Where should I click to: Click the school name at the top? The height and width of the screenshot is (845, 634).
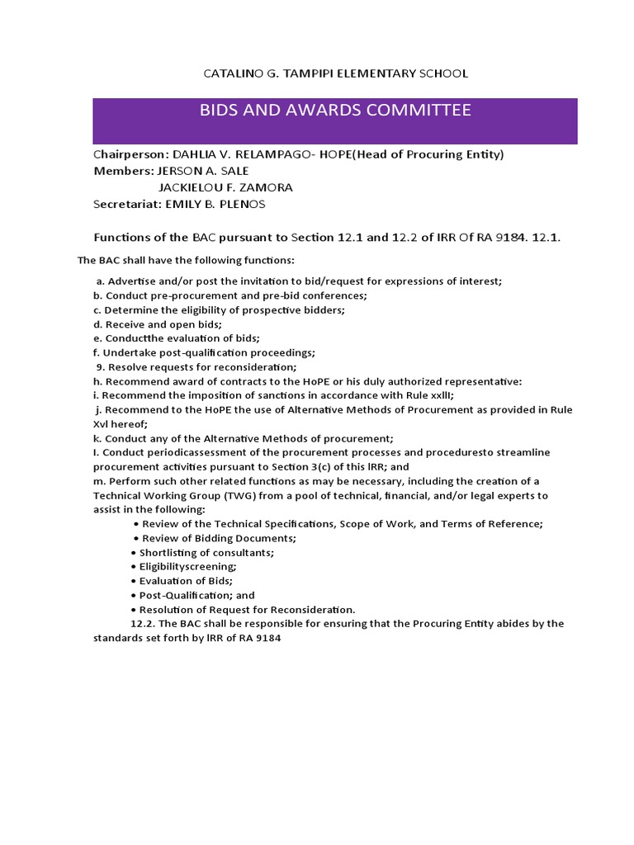pos(335,73)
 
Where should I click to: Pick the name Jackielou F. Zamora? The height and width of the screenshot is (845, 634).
pos(225,187)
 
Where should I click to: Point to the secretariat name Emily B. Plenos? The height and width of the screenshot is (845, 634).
pos(215,204)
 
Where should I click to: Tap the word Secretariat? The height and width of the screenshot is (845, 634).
pos(127,204)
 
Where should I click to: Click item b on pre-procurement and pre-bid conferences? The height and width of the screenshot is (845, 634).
pos(230,295)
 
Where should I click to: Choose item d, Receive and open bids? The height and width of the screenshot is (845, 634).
pos(157,323)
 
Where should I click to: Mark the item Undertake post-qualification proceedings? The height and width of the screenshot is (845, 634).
pos(204,352)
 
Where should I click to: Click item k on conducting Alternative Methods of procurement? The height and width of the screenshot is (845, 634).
pos(244,438)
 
